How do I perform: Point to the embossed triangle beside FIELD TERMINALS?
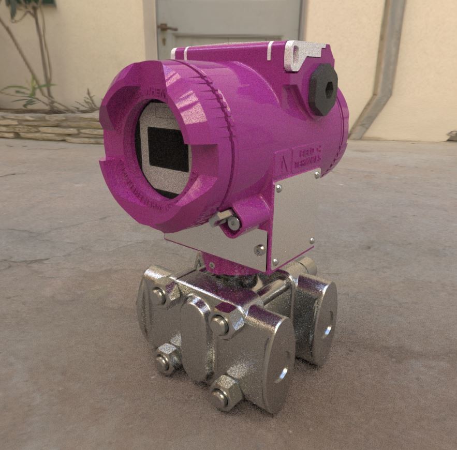[284, 162]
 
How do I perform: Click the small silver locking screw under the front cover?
[233, 223]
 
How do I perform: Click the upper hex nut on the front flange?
[220, 325]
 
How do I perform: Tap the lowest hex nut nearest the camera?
[221, 397]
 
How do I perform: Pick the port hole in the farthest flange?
[327, 331]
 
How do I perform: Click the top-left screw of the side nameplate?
[278, 189]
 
